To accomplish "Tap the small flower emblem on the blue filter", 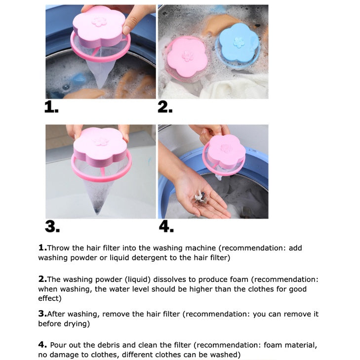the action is (x=239, y=42).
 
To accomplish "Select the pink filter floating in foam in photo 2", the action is (x=187, y=59).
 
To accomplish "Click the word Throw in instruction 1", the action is (x=58, y=248).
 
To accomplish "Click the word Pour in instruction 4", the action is (x=58, y=345).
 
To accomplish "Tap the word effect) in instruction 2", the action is (x=50, y=298).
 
